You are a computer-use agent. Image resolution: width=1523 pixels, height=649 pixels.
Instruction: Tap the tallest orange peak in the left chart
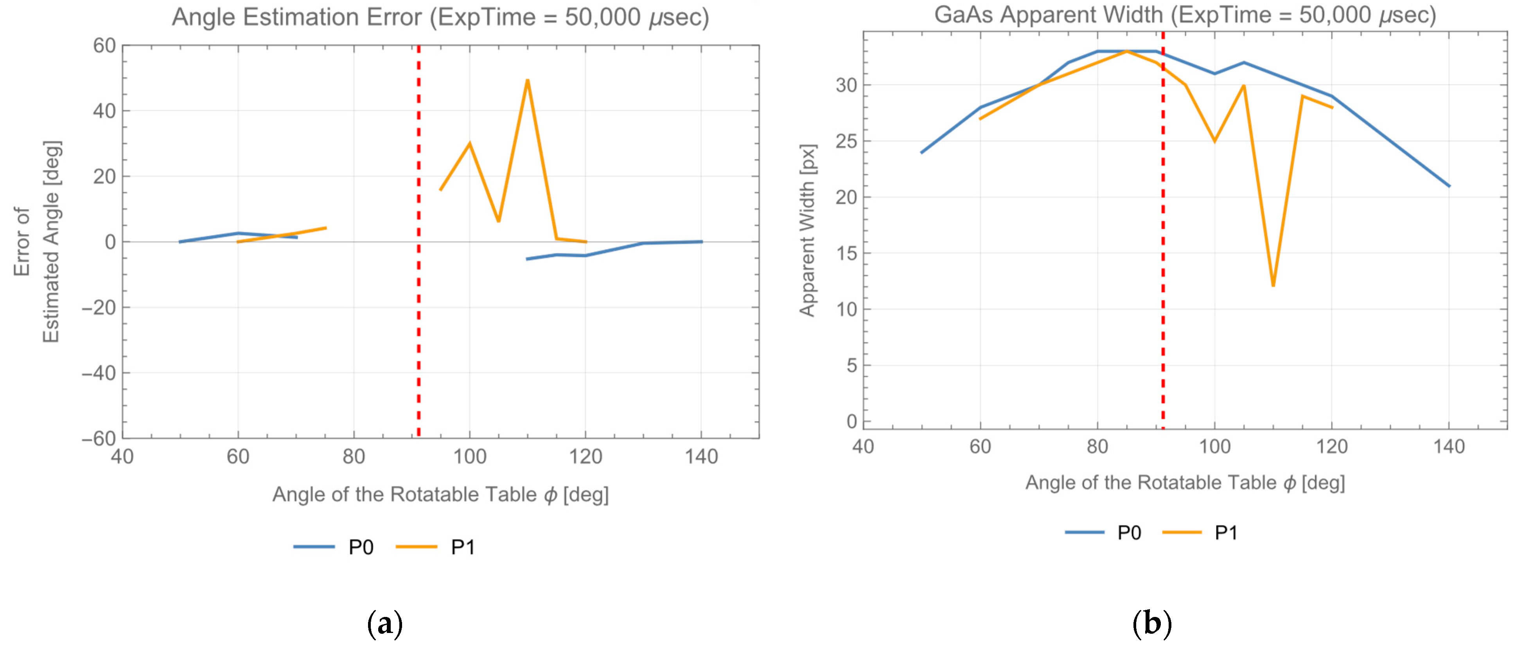point(527,81)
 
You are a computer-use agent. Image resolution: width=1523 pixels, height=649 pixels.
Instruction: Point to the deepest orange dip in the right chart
point(1273,285)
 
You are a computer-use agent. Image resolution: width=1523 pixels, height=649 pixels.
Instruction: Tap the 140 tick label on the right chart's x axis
point(1449,446)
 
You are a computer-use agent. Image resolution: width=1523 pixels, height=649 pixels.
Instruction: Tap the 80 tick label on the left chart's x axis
point(354,456)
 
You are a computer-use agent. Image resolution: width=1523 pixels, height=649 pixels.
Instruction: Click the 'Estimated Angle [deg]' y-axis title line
point(52,241)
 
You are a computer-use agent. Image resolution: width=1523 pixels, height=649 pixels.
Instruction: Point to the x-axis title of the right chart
point(1184,483)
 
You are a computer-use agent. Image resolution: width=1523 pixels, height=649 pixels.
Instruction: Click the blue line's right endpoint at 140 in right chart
point(1449,186)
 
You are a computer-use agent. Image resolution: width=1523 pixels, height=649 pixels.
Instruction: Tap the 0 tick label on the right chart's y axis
point(851,421)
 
